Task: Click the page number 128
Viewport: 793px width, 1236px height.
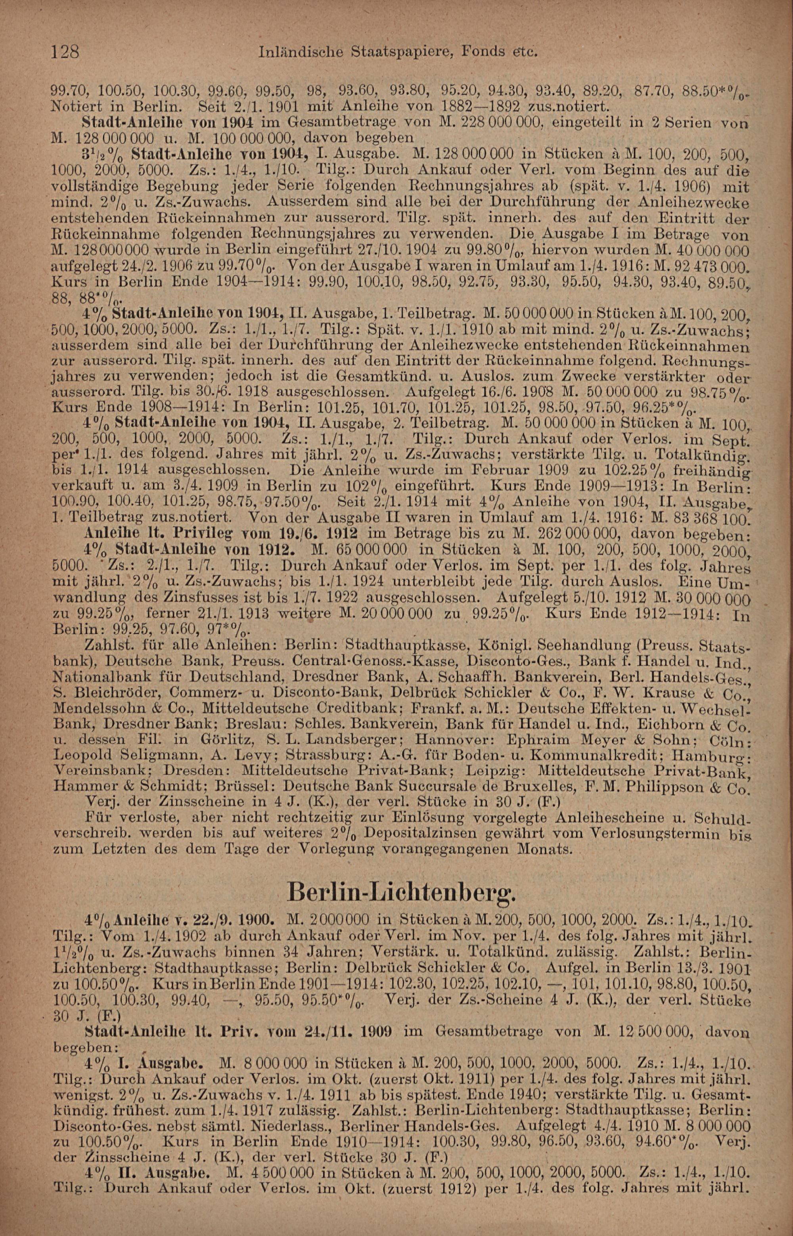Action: click(65, 52)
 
